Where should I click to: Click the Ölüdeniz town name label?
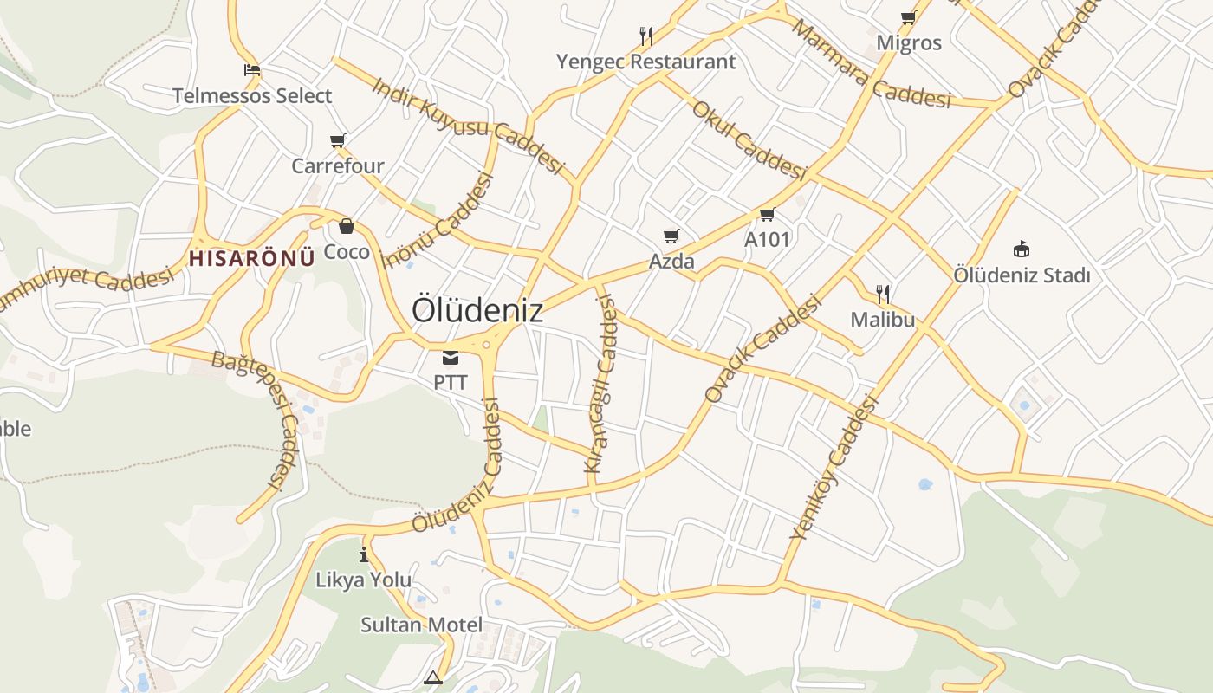[x=477, y=310]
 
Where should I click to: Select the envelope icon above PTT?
[x=451, y=358]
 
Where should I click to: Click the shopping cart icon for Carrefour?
[x=338, y=140]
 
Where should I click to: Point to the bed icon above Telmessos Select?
[x=252, y=70]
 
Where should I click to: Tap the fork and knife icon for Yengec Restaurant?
[x=645, y=36]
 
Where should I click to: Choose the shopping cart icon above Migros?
[x=908, y=17]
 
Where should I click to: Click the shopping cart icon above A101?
[x=767, y=214]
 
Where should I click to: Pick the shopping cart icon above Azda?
[x=671, y=236]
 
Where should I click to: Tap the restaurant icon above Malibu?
[x=883, y=294]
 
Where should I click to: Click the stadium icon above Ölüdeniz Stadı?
[x=1022, y=249]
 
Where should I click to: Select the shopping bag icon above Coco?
[x=347, y=227]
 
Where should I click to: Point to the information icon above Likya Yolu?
[x=364, y=554]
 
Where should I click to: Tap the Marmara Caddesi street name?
[x=870, y=65]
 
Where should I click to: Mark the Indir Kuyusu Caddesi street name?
[x=468, y=126]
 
